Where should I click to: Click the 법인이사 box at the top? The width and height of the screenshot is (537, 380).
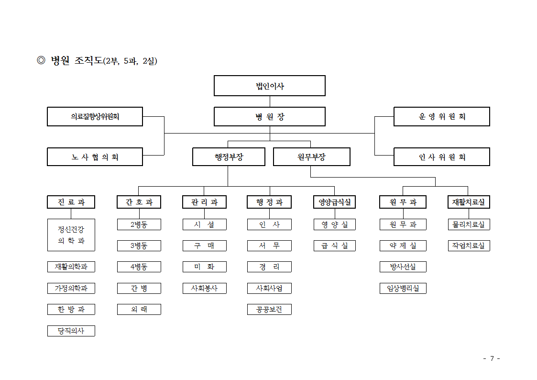pos(270,86)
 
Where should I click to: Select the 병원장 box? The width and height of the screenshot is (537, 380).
pos(270,116)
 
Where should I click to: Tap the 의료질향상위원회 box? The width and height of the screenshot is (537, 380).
pos(95,116)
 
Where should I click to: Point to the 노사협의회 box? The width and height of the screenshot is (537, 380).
pos(95,157)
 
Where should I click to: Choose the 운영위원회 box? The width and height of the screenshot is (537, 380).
pos(442,116)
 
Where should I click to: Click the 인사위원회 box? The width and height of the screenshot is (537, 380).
pos(442,157)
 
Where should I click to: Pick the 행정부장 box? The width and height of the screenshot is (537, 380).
pos(229,157)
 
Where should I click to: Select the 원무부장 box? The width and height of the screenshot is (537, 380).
pos(312,157)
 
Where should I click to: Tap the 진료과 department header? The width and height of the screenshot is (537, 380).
pos(71,202)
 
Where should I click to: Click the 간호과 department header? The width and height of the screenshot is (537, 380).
pos(139,202)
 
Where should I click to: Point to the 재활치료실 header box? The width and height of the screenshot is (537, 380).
pos(469,202)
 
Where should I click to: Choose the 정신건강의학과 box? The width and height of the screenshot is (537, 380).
pos(71,235)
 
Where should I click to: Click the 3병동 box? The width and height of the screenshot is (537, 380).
pos(139,246)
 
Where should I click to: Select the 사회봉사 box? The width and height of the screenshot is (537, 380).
pos(205,288)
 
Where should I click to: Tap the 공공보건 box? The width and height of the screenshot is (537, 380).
pos(269,310)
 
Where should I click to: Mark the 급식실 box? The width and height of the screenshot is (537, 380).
pos(335,246)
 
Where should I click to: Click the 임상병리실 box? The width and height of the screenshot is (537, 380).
pos(403,288)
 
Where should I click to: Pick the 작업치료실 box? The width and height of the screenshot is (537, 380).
pos(469,246)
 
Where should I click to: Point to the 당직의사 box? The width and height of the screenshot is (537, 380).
pos(71,331)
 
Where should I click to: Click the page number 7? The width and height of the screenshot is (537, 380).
pos(492,358)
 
